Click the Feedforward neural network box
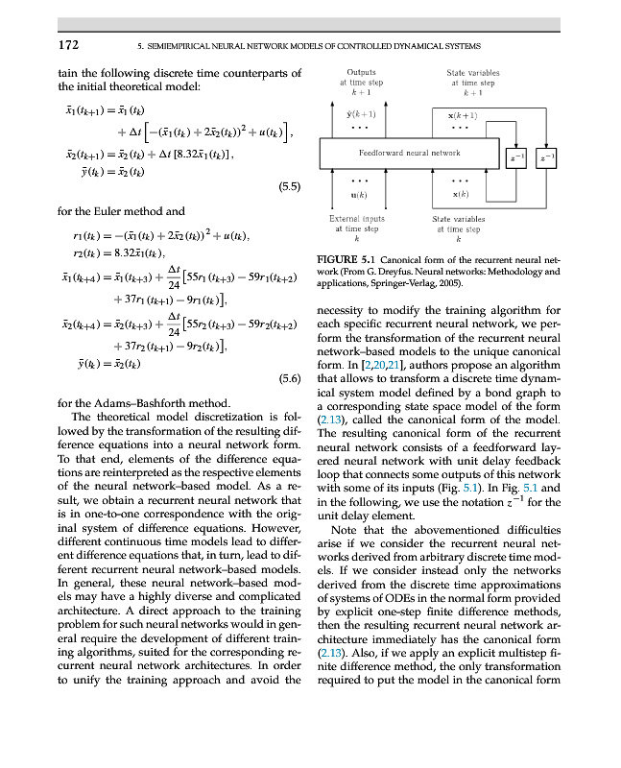409,154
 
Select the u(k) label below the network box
360,195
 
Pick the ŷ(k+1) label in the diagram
360,114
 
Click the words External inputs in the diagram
359,219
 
